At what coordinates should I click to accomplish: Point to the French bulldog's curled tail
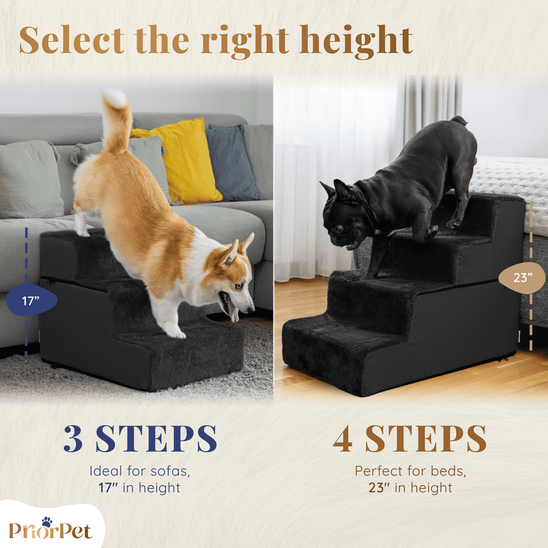(458, 121)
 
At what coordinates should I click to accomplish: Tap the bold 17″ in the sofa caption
(108, 488)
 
